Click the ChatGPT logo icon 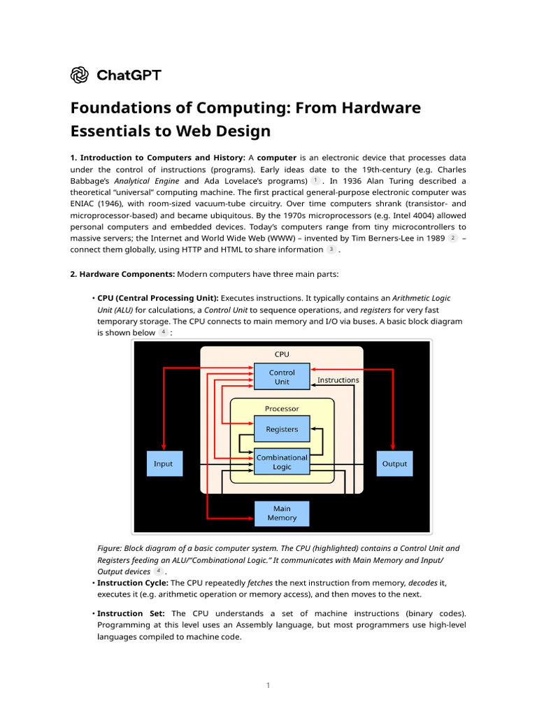(80, 75)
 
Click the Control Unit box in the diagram (282, 377)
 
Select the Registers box (282, 429)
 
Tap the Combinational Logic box (282, 462)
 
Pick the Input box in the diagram (163, 464)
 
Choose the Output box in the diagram (394, 464)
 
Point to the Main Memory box (282, 513)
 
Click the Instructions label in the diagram (338, 380)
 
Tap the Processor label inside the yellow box (282, 408)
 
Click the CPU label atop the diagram (282, 354)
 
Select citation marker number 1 (315, 180)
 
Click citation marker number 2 (452, 238)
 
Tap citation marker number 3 (331, 250)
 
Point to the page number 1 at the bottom (268, 685)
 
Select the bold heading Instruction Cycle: (132, 582)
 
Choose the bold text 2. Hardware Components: (122, 273)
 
